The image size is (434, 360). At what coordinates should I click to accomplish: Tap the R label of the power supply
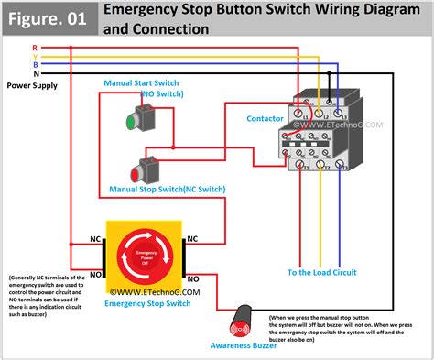pos(35,47)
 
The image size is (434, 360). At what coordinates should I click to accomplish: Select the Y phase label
pos(35,56)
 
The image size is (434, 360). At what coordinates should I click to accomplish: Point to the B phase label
pos(35,65)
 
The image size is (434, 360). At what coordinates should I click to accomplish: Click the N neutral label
pos(35,74)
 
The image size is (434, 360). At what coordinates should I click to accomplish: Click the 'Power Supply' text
pos(32,85)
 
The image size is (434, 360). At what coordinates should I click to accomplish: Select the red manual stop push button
pos(146,169)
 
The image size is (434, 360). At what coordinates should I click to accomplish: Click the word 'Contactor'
pos(265,118)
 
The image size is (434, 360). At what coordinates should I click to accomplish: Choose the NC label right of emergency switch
pos(194,237)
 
